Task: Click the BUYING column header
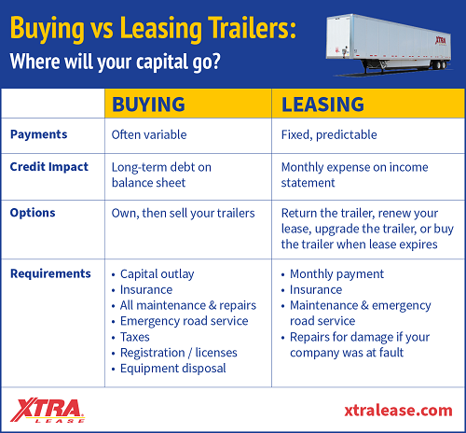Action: point(148,105)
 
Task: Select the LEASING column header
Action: point(322,105)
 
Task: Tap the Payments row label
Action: point(39,134)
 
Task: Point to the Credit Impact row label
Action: point(49,167)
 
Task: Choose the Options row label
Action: point(33,213)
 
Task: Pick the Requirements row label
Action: point(50,273)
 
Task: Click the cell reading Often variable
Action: point(149,134)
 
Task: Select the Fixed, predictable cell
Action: point(329,135)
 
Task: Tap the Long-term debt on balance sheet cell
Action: point(161,175)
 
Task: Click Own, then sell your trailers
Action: point(184,214)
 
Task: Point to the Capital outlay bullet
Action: point(158,274)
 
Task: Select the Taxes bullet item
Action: point(135,337)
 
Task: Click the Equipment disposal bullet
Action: point(173,369)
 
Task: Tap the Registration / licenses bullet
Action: point(179,353)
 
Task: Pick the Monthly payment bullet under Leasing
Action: point(336,274)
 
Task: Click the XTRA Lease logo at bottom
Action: point(48,410)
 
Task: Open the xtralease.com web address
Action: point(398,411)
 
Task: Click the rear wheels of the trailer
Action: point(441,65)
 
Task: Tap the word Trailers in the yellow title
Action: point(252,28)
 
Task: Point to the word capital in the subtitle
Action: point(162,62)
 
